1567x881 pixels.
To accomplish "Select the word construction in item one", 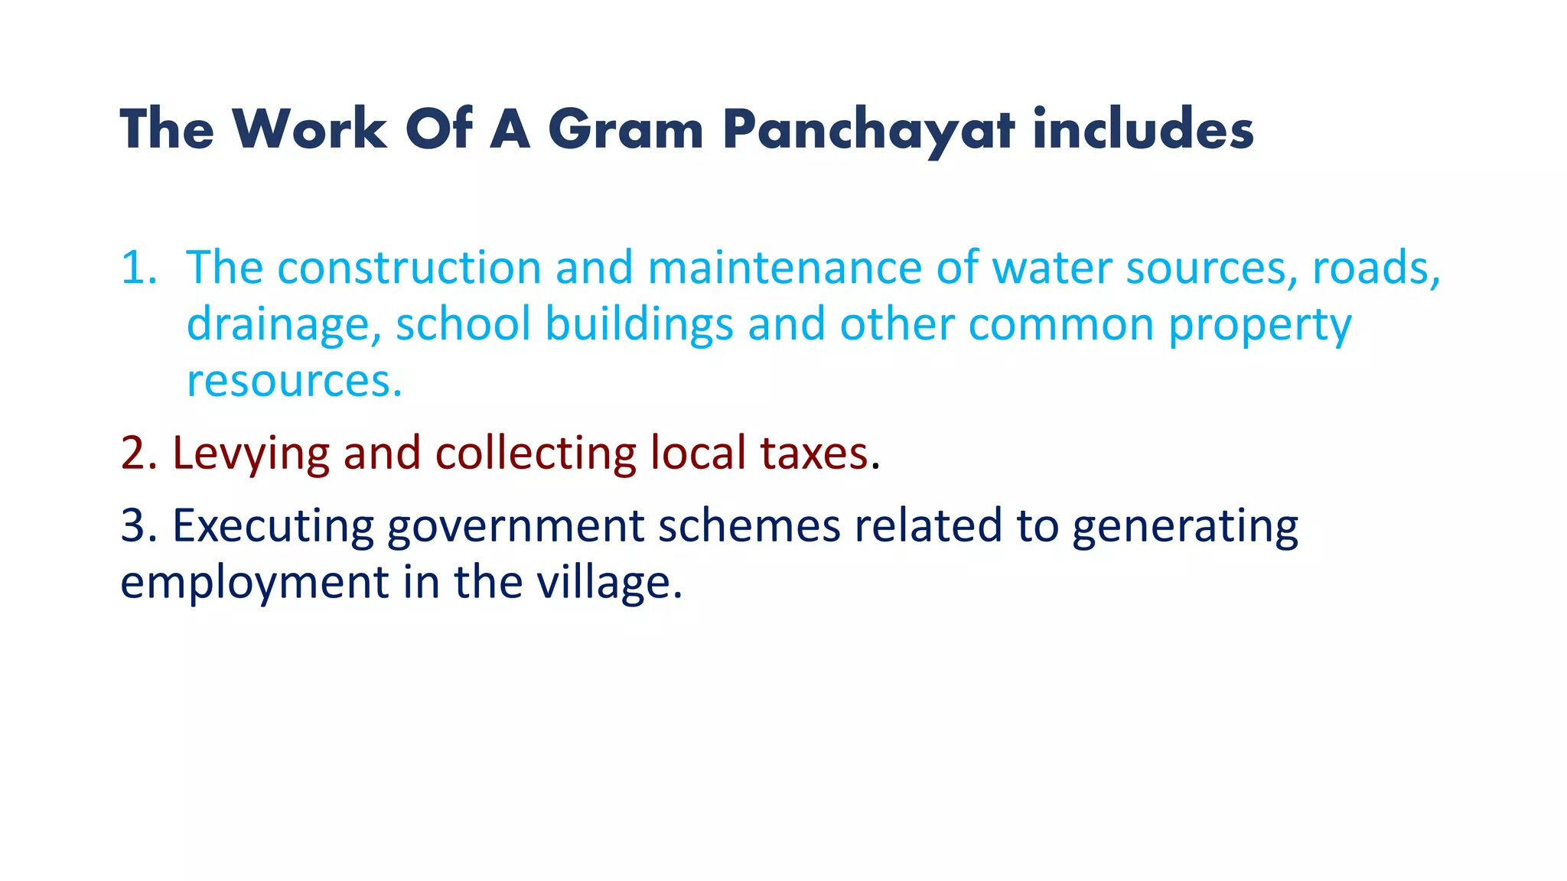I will pos(409,268).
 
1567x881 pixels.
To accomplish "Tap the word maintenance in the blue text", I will pos(785,268).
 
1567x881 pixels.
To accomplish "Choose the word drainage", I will pos(283,325).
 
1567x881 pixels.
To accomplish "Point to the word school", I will pos(463,323).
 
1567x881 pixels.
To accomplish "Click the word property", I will pos(1259,325).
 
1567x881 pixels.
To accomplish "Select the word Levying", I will pos(251,453).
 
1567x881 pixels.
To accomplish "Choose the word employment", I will pos(255,583).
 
